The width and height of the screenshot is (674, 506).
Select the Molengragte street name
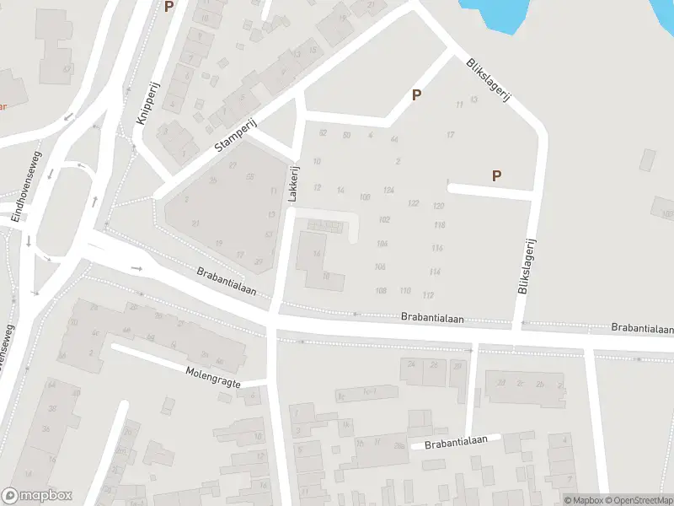(213, 376)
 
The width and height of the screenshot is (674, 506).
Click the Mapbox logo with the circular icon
(37, 496)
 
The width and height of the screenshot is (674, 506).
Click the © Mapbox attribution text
(582, 500)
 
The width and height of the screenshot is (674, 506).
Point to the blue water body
(497, 13)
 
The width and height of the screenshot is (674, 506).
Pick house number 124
(388, 191)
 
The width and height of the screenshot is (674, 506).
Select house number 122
(413, 204)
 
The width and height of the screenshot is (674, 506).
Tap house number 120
(438, 207)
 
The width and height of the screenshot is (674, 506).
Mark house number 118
(439, 225)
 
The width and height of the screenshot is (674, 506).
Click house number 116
(436, 248)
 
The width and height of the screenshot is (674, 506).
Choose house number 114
(434, 272)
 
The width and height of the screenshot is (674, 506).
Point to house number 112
(428, 294)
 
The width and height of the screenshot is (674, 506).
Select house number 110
(405, 291)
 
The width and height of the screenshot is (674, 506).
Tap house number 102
(384, 219)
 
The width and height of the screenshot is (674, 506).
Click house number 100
(364, 197)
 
